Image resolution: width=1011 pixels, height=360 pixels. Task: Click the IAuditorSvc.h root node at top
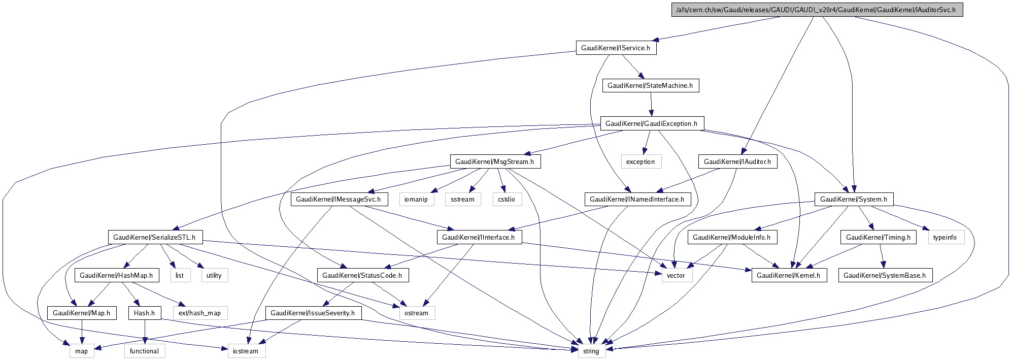click(817, 10)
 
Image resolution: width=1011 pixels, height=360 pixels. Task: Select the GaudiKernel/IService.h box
click(616, 48)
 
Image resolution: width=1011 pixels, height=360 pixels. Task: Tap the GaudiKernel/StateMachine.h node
click(650, 85)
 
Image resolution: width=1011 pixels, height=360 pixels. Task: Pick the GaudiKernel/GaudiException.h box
click(652, 123)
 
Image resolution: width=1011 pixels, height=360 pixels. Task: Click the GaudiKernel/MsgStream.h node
click(494, 161)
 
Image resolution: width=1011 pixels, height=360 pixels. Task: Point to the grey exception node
click(641, 161)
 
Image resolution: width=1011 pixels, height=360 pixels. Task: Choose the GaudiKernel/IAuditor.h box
click(737, 161)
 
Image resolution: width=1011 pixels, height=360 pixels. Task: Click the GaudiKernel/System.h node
click(854, 199)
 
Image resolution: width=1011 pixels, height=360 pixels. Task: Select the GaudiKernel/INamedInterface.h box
click(636, 199)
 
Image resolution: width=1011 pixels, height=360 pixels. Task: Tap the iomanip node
click(416, 199)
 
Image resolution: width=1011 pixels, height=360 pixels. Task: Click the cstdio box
click(506, 199)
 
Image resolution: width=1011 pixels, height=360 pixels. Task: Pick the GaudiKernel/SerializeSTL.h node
click(154, 237)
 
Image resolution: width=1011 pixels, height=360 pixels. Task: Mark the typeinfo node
click(945, 237)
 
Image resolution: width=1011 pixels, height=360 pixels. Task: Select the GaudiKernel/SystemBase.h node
click(884, 275)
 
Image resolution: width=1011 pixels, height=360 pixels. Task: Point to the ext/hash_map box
click(199, 313)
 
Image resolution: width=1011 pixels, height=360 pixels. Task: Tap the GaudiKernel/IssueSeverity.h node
click(313, 313)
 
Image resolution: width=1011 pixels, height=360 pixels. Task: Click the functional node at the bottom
click(144, 351)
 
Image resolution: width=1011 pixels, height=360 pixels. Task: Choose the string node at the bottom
click(591, 351)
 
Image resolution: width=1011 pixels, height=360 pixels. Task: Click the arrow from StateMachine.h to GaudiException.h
click(651, 105)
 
